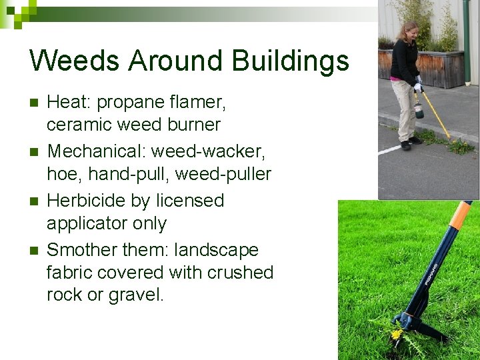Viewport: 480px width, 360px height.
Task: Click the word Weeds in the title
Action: pyautogui.click(x=75, y=61)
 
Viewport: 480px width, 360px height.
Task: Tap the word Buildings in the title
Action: pyautogui.click(x=290, y=61)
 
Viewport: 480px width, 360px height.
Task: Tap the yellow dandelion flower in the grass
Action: pyautogui.click(x=396, y=333)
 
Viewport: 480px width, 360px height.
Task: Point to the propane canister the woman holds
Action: pyautogui.click(x=418, y=108)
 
